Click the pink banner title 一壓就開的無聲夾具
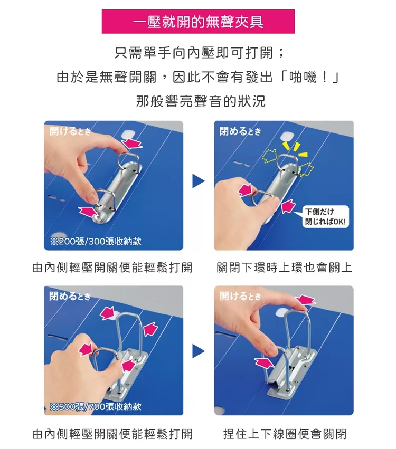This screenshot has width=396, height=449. click(x=198, y=22)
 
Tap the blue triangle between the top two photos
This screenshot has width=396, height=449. click(x=199, y=181)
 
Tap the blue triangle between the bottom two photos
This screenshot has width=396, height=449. click(x=199, y=351)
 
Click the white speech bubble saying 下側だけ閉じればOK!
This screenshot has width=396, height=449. click(x=326, y=217)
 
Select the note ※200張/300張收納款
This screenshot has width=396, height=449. click(x=96, y=242)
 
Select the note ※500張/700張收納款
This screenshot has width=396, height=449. click(x=96, y=406)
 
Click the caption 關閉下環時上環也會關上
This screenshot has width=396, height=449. click(x=284, y=268)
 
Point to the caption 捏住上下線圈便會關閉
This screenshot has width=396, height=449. click(x=285, y=434)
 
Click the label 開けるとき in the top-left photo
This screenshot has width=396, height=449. click(x=70, y=131)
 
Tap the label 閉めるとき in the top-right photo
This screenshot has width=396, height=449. click(x=240, y=131)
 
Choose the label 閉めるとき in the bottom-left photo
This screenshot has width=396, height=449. click(x=70, y=296)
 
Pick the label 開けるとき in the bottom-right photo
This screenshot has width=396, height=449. click(x=240, y=296)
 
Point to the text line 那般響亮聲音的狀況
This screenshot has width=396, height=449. click(x=201, y=101)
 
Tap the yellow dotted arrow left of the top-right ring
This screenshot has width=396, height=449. click(x=269, y=157)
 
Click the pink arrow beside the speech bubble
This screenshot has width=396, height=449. click(x=288, y=206)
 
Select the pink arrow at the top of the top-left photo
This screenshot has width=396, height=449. click(x=132, y=143)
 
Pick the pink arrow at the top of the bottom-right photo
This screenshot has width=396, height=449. click(x=306, y=300)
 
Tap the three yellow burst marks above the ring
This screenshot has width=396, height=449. click(x=295, y=148)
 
